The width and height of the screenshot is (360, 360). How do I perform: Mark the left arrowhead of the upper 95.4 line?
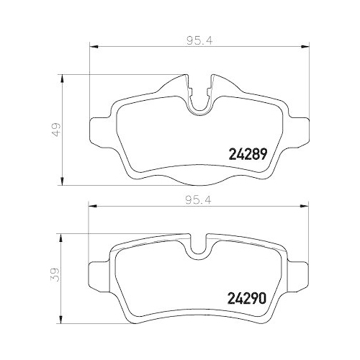pos(91,48)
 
